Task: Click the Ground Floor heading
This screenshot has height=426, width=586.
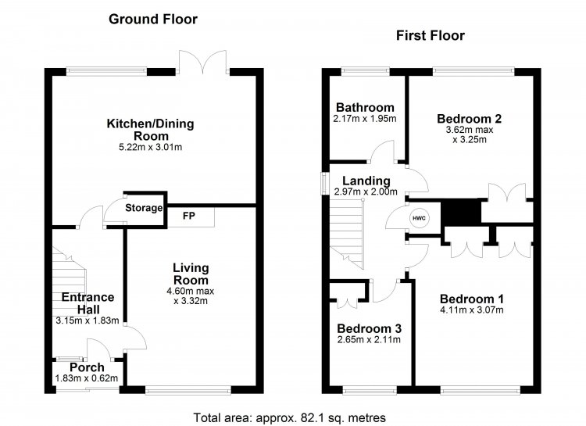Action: click(x=153, y=19)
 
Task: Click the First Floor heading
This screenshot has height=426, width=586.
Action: click(x=431, y=36)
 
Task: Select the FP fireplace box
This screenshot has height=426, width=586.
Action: click(x=191, y=217)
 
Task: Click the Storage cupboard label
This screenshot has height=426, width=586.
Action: click(x=144, y=208)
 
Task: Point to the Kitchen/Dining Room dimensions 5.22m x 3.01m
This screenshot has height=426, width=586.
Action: click(x=150, y=148)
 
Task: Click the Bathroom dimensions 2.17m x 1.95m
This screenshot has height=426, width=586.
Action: click(x=365, y=119)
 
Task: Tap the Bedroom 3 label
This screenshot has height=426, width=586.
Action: click(x=370, y=328)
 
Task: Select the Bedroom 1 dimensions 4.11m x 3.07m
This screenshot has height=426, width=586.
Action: click(x=472, y=310)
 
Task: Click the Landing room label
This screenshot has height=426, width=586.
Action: click(x=366, y=181)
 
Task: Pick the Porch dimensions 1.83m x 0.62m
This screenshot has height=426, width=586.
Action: click(x=87, y=378)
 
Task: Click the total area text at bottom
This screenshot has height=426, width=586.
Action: click(x=289, y=417)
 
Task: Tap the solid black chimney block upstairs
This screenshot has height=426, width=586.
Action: click(x=461, y=212)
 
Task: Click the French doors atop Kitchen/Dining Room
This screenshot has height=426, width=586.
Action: click(x=203, y=62)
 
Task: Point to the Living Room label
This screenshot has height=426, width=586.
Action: click(x=191, y=274)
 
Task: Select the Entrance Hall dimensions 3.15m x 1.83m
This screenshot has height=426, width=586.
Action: click(x=88, y=320)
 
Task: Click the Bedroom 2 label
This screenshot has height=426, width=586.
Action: click(x=469, y=119)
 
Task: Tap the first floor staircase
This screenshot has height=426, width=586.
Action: click(x=346, y=234)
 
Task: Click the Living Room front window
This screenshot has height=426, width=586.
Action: click(x=188, y=391)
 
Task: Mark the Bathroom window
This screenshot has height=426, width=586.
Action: click(x=365, y=70)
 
